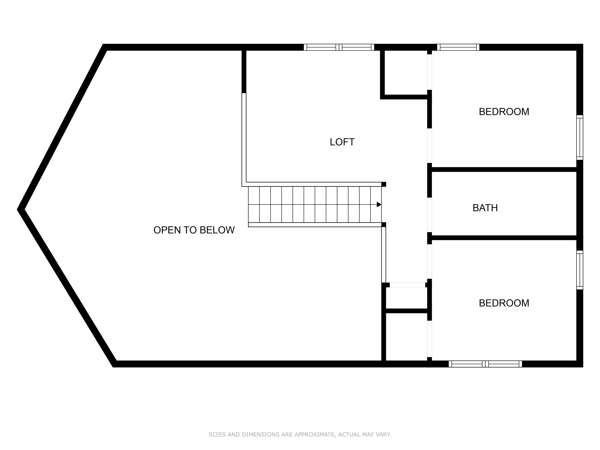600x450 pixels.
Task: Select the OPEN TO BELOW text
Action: tap(194, 230)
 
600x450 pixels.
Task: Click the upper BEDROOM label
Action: tap(504, 112)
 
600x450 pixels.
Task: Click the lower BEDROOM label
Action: tap(504, 303)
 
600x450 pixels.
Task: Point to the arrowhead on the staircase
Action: tap(379, 205)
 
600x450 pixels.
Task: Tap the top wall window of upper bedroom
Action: tap(458, 47)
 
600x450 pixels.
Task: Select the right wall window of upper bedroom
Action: tap(580, 137)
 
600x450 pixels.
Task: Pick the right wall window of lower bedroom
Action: tap(580, 270)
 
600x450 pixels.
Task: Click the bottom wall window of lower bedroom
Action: tap(485, 364)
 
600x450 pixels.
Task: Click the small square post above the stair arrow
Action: tap(384, 184)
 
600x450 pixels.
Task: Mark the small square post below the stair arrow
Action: tap(384, 225)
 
